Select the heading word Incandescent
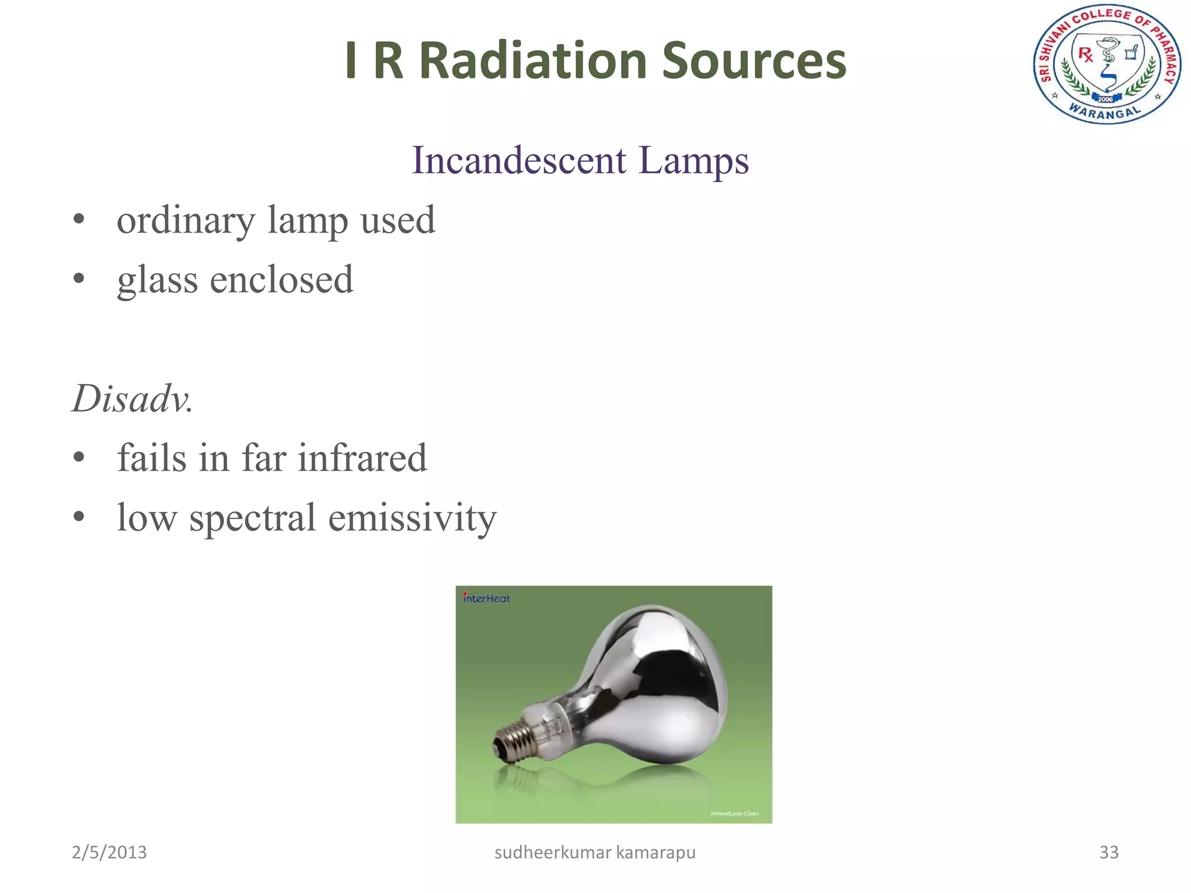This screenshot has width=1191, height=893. point(519,160)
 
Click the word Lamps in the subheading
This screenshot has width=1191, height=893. point(693,160)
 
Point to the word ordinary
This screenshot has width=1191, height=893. point(186,221)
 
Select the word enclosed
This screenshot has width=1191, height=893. point(281,280)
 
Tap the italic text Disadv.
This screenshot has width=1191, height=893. point(132,399)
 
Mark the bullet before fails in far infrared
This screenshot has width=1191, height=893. point(79,457)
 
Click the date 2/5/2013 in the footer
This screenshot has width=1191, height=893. point(109,852)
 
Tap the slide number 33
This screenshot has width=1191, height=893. point(1108,852)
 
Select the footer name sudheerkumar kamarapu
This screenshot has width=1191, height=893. point(595,852)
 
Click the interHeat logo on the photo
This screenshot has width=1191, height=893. point(486,598)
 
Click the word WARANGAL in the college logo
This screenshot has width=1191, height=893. point(1104,112)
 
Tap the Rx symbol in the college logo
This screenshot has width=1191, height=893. point(1085,55)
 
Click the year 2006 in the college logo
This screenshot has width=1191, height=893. point(1105,99)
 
